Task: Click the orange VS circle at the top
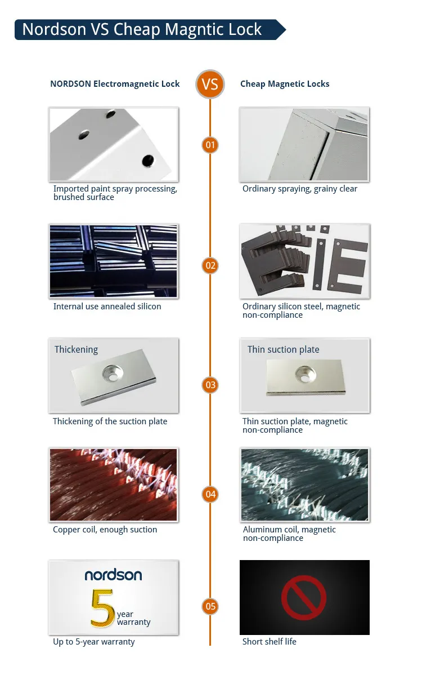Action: (210, 85)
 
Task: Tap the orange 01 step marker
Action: (210, 145)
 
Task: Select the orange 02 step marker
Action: (210, 265)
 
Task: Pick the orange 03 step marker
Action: (210, 385)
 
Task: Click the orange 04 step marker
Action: (210, 494)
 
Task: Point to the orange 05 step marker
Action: (210, 606)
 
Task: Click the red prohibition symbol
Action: (304, 597)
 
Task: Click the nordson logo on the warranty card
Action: (113, 575)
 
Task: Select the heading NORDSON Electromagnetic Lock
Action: (115, 84)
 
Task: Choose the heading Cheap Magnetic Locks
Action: (285, 84)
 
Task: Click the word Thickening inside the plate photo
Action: (76, 349)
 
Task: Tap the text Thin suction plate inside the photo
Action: (283, 349)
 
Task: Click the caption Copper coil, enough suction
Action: (105, 530)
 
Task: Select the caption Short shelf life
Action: (269, 641)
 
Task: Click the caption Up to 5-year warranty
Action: (93, 641)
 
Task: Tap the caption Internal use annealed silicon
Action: (107, 307)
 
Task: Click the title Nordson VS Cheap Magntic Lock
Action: (142, 29)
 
